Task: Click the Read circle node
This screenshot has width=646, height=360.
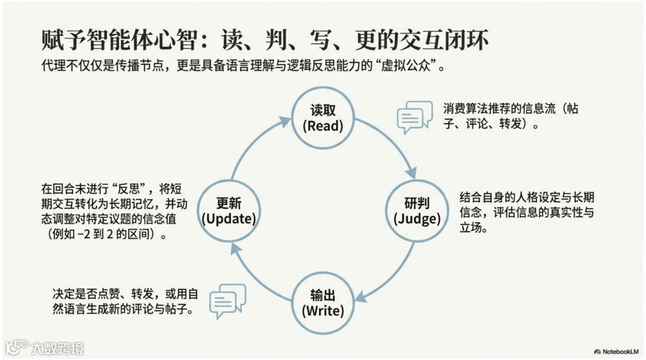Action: (322, 118)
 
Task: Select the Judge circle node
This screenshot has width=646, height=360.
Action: (417, 211)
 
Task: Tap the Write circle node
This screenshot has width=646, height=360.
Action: (322, 303)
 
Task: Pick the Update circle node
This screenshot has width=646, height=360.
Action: (228, 211)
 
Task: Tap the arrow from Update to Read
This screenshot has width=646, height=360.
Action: (252, 147)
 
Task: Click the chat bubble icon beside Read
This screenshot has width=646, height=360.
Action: (415, 117)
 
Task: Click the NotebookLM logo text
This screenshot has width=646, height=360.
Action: (620, 351)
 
